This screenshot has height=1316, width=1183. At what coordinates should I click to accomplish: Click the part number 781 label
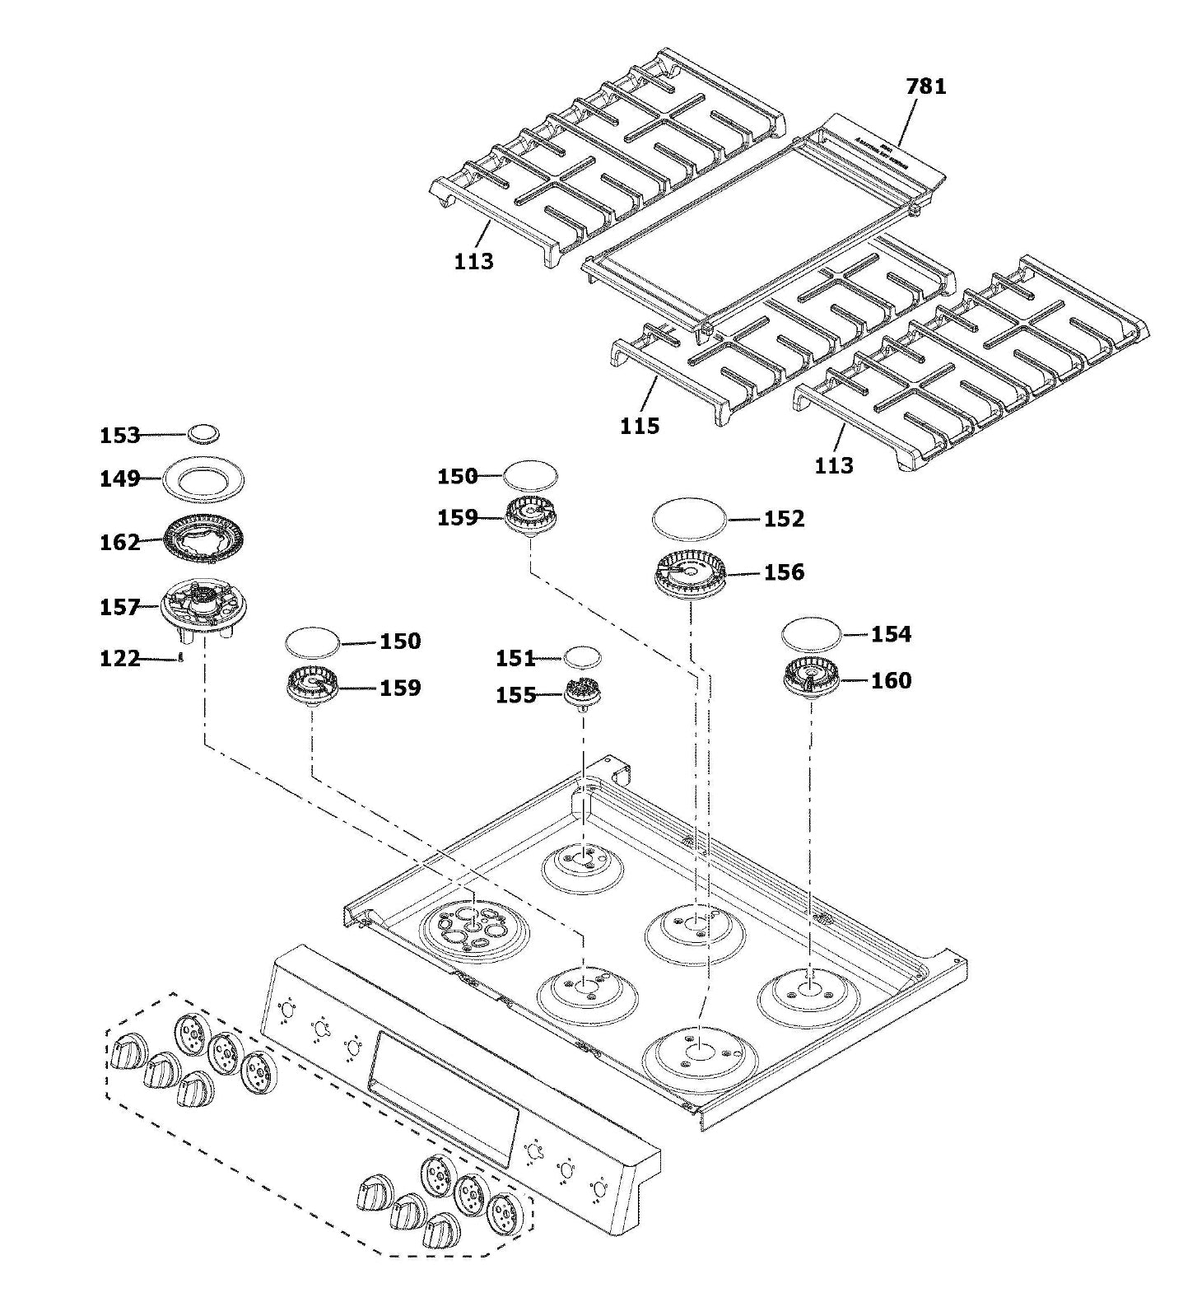tap(925, 86)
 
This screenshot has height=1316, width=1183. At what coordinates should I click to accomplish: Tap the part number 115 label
tap(640, 426)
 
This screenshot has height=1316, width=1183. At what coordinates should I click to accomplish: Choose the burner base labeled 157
tap(203, 609)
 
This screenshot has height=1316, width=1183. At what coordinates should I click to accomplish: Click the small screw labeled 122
tap(179, 658)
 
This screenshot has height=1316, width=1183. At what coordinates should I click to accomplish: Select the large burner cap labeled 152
tap(689, 519)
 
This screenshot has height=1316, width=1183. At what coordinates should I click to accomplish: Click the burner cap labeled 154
tap(811, 634)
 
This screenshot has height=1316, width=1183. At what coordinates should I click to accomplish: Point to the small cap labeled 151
tap(583, 657)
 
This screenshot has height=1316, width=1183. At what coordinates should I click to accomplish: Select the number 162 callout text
tap(120, 543)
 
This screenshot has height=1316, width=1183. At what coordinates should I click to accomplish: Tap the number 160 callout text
tap(891, 681)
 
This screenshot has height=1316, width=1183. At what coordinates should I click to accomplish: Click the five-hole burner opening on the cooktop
tap(473, 928)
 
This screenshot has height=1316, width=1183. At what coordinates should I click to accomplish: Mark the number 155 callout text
tap(516, 696)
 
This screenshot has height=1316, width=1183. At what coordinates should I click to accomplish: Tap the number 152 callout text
tap(784, 519)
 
